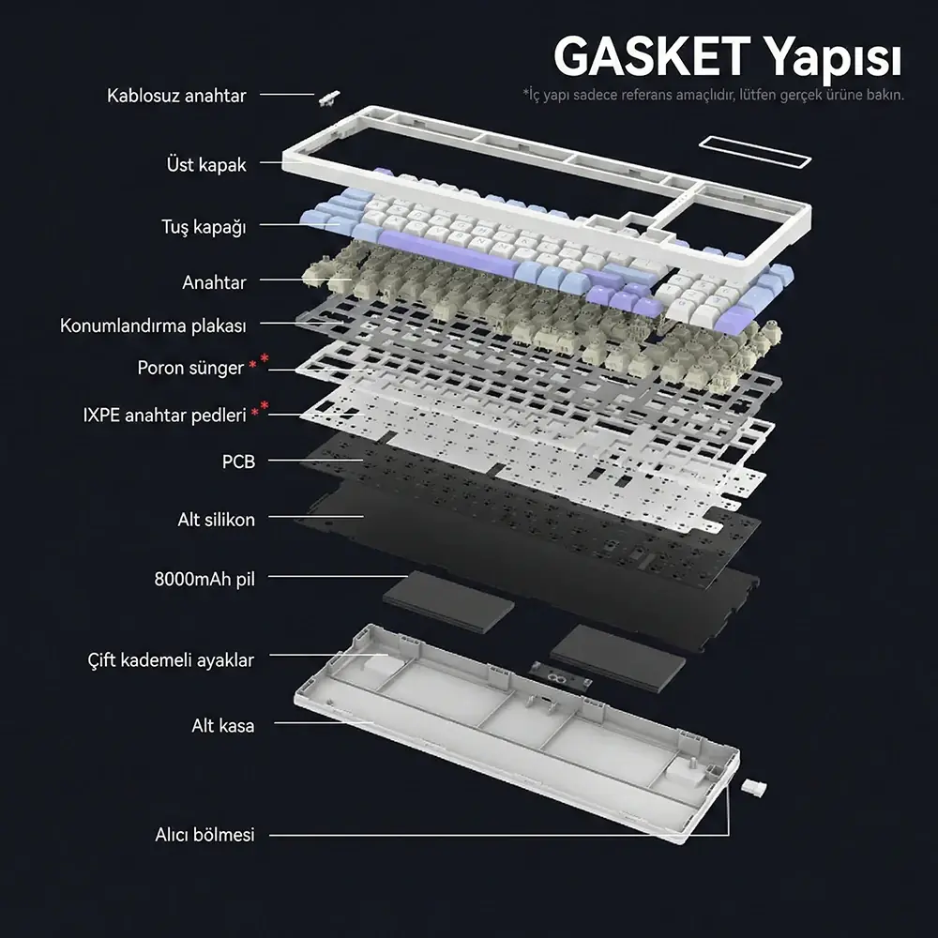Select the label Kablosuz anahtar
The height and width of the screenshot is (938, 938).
176,96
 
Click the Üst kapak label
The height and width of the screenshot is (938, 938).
205,165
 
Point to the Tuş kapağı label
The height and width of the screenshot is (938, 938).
203,227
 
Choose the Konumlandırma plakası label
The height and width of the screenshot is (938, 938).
153,326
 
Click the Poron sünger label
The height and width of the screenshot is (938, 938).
190,368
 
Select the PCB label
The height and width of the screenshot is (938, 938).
238,461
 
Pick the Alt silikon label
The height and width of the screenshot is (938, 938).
216,520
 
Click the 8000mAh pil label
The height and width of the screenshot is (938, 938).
204,578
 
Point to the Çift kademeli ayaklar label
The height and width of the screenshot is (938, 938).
170,660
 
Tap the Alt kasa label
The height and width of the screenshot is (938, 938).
222,726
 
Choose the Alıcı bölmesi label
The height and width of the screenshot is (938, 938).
204,834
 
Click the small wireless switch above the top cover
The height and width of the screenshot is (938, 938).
328,97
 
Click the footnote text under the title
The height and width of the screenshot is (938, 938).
713,96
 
